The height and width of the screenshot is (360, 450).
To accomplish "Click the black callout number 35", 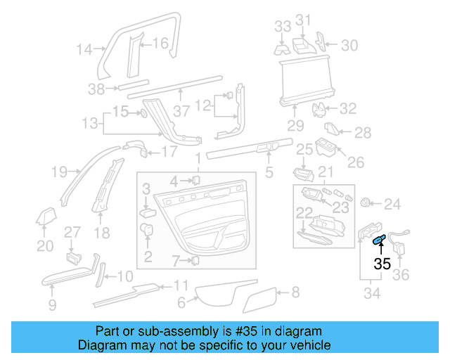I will [x=382, y=264].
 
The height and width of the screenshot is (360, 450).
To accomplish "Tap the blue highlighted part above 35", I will [x=378, y=241].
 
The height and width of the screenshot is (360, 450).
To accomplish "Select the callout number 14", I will [x=84, y=49].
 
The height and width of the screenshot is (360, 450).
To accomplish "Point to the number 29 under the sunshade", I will [x=295, y=126].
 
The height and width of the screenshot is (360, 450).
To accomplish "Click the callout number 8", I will [x=295, y=290].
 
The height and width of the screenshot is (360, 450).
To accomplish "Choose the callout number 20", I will [x=45, y=246].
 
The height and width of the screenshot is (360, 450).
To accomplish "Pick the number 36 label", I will [x=400, y=275].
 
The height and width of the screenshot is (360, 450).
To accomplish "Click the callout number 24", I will [x=392, y=205].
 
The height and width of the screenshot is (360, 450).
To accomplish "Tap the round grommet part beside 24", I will [x=365, y=203].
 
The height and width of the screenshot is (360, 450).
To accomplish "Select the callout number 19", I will [x=59, y=171].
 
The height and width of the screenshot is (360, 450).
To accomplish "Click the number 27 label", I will [x=73, y=232].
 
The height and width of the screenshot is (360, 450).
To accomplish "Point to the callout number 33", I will [x=282, y=26].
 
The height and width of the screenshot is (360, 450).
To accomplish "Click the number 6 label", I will [x=181, y=303].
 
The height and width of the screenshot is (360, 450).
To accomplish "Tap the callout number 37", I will [x=182, y=111].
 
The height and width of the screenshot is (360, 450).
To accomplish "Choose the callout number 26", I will [x=356, y=162].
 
